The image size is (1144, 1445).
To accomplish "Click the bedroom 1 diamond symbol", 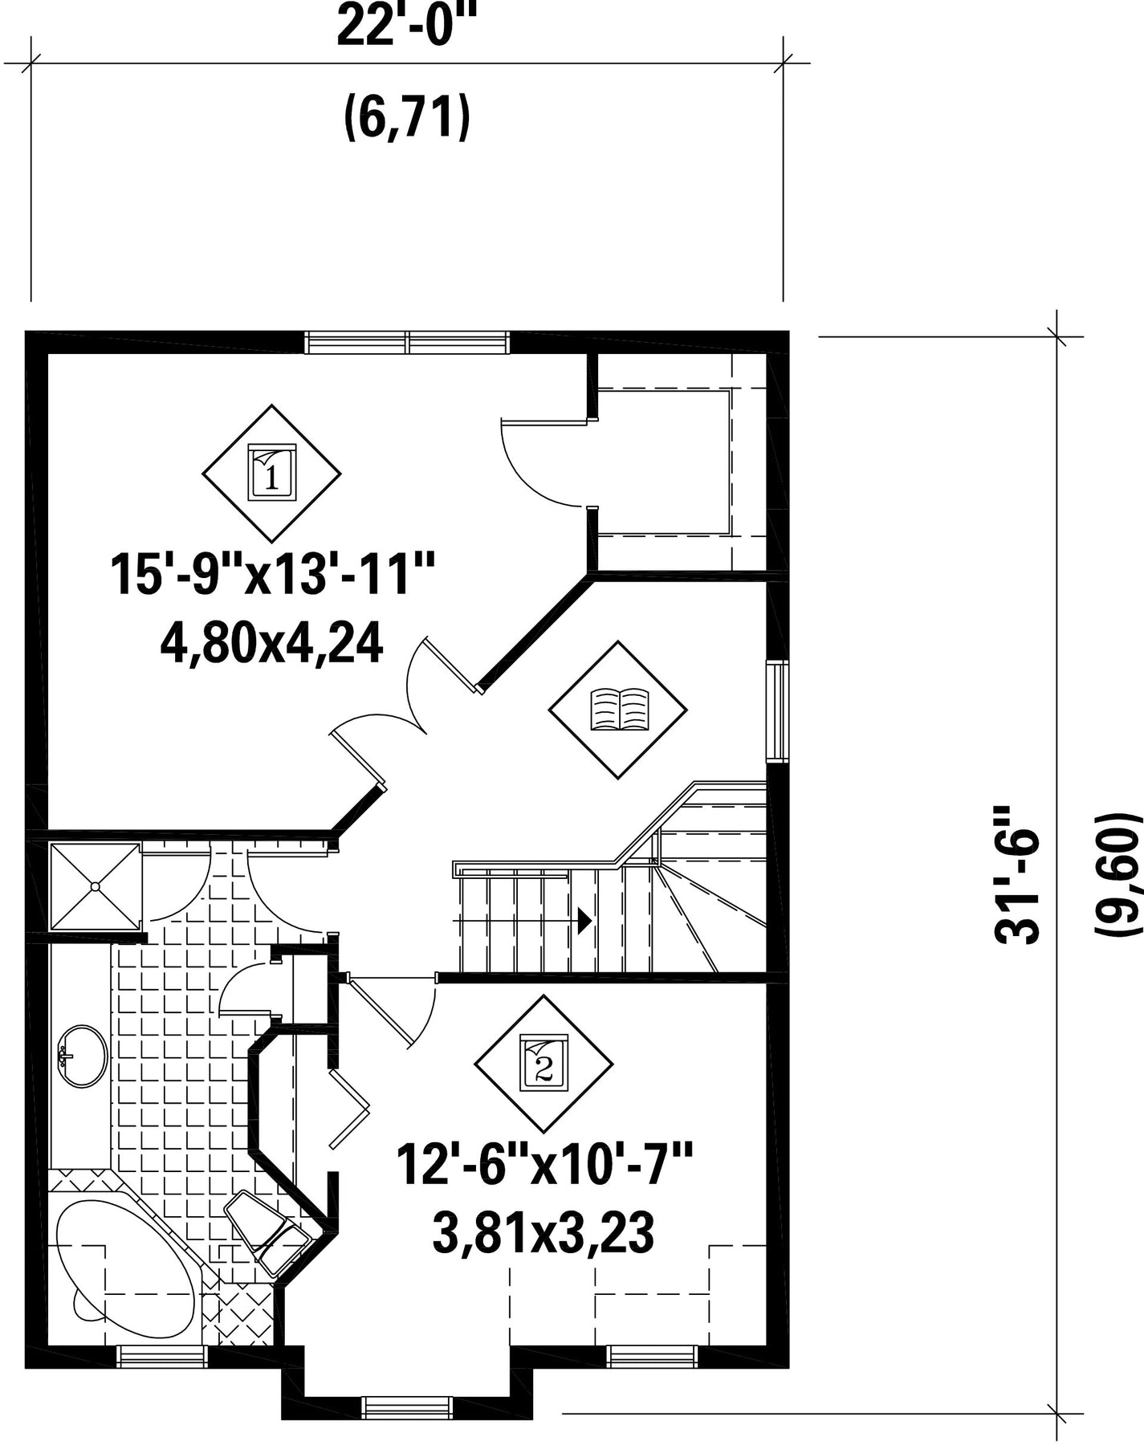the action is click(271, 473).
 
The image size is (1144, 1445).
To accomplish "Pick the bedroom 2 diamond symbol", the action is click(544, 1064).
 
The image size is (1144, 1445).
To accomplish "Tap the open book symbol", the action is click(618, 710).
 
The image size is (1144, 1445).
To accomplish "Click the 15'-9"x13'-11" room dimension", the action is click(273, 573).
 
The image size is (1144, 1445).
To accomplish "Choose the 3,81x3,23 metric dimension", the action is click(543, 1233).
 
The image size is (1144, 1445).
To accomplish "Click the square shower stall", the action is click(96, 886).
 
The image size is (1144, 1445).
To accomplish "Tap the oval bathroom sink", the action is click(83, 1056).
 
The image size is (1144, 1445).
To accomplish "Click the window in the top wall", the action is click(407, 342).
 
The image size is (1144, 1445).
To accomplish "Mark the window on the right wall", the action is click(777, 710).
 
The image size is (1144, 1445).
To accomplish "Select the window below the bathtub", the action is click(163, 1356).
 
